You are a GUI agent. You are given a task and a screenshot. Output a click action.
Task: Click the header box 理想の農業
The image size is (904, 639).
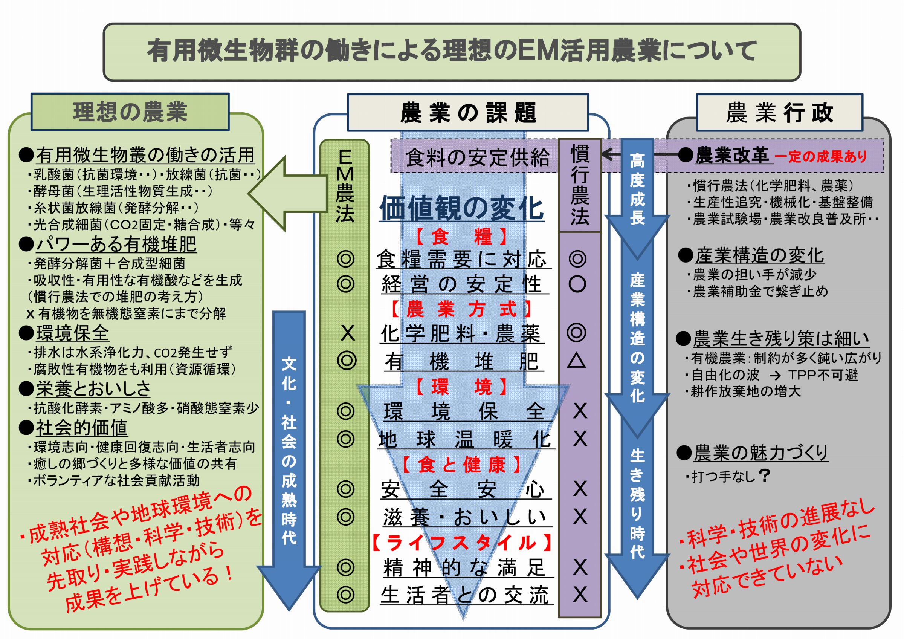coord(130,112)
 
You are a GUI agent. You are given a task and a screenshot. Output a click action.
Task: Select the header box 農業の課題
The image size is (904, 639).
coord(468,113)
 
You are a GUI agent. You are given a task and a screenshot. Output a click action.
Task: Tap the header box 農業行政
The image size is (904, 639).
coord(779,113)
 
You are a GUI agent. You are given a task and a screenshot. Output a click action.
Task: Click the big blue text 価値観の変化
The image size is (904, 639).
coord(461,209)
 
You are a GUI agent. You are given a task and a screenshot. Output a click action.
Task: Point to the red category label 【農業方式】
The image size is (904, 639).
coord(461,309)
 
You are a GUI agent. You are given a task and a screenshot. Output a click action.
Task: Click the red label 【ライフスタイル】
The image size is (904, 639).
coord(462,543)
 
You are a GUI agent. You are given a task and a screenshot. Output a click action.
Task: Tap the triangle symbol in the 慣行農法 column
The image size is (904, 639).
coord(576,361)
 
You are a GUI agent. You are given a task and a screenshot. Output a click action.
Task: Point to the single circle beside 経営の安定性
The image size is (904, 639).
coord(577,284)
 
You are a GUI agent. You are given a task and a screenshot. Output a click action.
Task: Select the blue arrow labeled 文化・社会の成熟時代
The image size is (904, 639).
coord(289,453)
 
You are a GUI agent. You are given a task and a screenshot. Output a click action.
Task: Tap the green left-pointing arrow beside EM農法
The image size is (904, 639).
coord(287,193)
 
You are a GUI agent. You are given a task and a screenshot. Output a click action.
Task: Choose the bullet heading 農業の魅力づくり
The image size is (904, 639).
coord(760,453)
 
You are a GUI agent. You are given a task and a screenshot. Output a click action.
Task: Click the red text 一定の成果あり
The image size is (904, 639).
coord(820,157)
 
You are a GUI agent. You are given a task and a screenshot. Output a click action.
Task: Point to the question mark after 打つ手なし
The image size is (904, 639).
coord(765,475)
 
